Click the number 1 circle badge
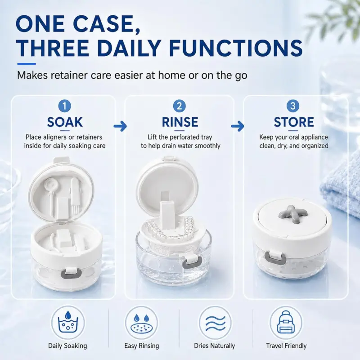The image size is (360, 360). click(64, 106)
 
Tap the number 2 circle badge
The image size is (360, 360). click(179, 106)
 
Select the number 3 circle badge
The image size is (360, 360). click(293, 106)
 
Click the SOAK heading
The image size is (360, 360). click(65, 122)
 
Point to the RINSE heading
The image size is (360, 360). click(180, 122)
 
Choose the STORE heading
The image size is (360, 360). click(294, 122)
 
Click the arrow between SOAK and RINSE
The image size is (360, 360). click(120, 126)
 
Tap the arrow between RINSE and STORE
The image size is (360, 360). click(238, 126)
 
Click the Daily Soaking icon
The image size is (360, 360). click(68, 323)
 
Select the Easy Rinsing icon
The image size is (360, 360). click(141, 323)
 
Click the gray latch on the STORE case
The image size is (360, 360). click(275, 257)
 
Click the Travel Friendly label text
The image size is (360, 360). click(286, 346)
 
